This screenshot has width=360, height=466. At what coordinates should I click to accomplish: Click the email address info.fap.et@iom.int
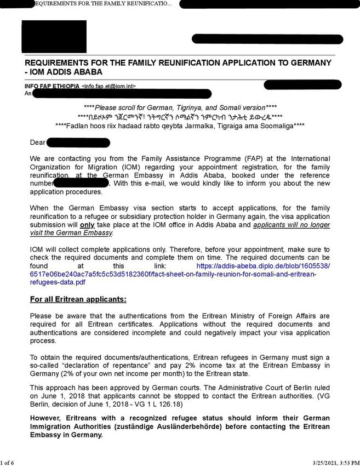(x=108, y=87)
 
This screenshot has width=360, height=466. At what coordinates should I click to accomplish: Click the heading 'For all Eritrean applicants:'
(x=78, y=299)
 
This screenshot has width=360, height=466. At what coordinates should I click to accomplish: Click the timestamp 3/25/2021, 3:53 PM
(x=328, y=462)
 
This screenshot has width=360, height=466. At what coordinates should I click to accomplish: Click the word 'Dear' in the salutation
(x=38, y=143)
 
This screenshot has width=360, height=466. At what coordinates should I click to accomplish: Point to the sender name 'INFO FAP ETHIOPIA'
(x=52, y=87)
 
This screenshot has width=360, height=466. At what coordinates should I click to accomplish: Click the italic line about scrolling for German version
(x=180, y=108)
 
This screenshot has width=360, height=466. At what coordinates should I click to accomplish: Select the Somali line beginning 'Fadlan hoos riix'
(x=180, y=126)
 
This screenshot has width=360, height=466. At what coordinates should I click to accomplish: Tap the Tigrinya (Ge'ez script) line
(x=180, y=117)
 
